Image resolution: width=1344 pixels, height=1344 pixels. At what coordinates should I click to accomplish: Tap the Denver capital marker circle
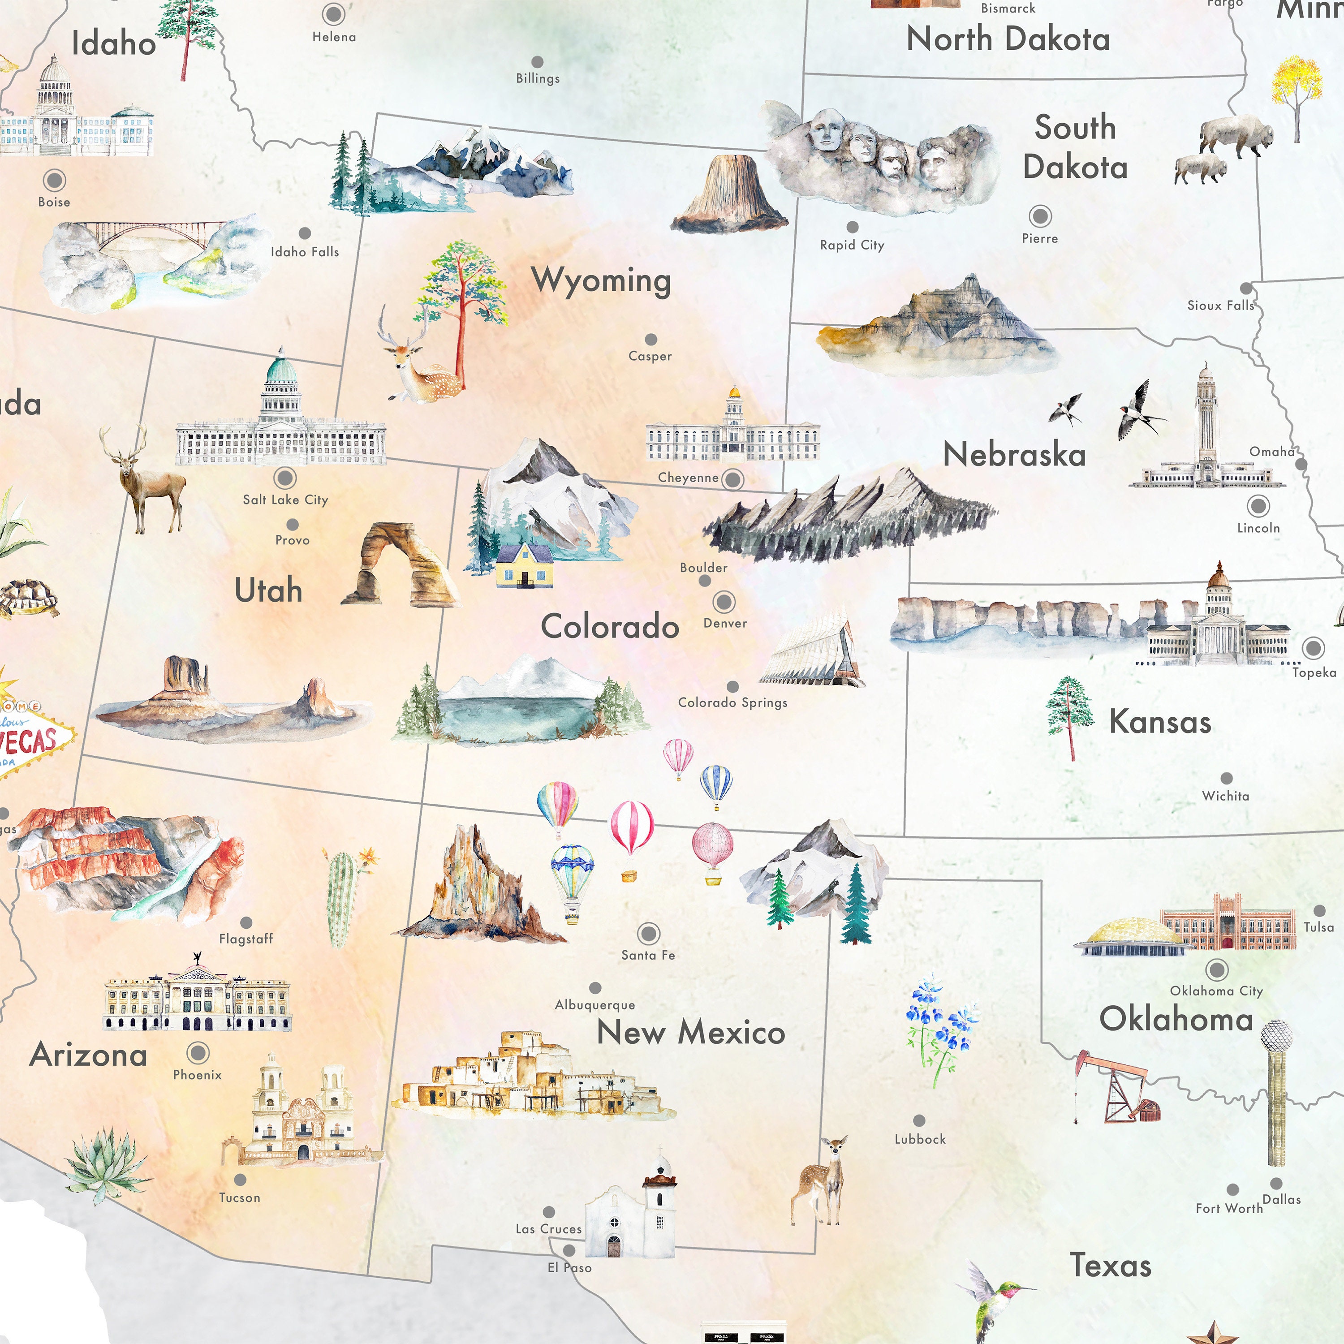point(724,601)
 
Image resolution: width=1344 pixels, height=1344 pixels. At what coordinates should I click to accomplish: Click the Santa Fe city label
point(648,955)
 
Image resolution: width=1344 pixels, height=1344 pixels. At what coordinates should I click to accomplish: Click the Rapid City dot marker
point(852,227)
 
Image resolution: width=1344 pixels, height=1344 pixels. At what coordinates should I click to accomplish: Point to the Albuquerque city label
point(595,1004)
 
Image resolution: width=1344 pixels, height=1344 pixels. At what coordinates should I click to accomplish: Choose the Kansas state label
point(1160,722)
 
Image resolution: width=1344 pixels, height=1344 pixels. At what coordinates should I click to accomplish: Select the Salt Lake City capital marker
point(284,478)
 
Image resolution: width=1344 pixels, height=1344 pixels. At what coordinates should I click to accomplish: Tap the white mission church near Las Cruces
point(629,1210)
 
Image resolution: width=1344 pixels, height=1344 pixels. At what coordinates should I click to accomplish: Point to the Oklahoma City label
point(1216,991)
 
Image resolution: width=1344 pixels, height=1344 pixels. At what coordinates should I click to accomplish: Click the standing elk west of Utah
point(146,480)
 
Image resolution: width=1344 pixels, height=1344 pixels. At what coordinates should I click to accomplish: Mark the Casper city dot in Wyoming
point(650,340)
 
